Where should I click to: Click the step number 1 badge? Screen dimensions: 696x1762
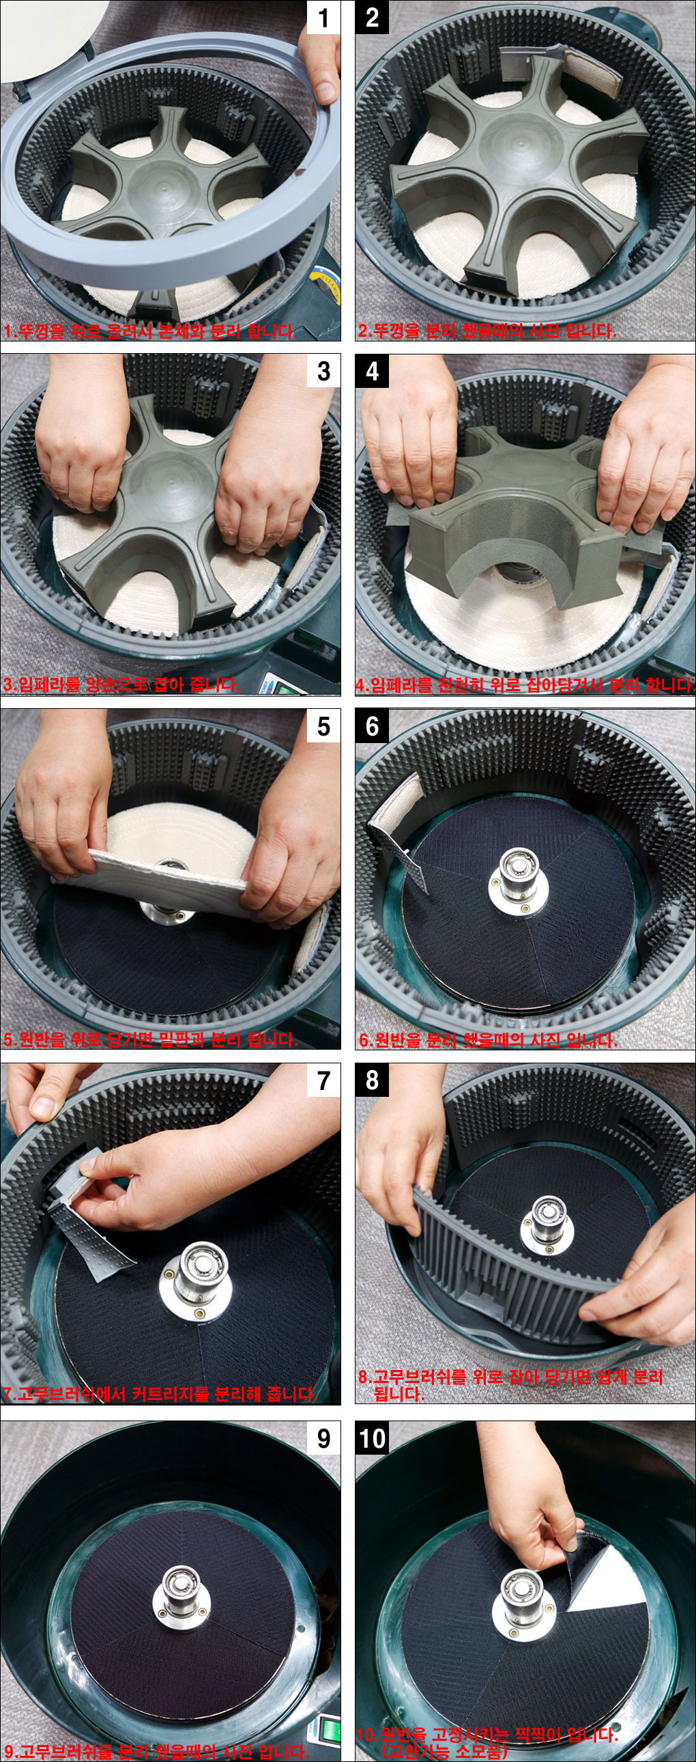(323, 17)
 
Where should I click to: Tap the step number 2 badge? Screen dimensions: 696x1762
(372, 17)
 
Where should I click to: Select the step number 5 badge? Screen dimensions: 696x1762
(323, 726)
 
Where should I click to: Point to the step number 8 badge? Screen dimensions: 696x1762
(372, 1080)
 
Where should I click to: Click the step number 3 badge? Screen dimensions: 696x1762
(323, 372)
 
